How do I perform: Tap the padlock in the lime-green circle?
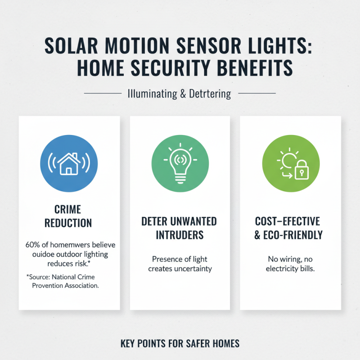tap(302, 171)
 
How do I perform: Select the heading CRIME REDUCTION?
tap(69, 216)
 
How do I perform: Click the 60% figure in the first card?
tap(32, 245)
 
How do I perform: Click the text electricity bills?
tap(290, 269)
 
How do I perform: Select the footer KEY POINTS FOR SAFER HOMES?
tap(180, 344)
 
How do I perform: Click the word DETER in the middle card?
tap(155, 222)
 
